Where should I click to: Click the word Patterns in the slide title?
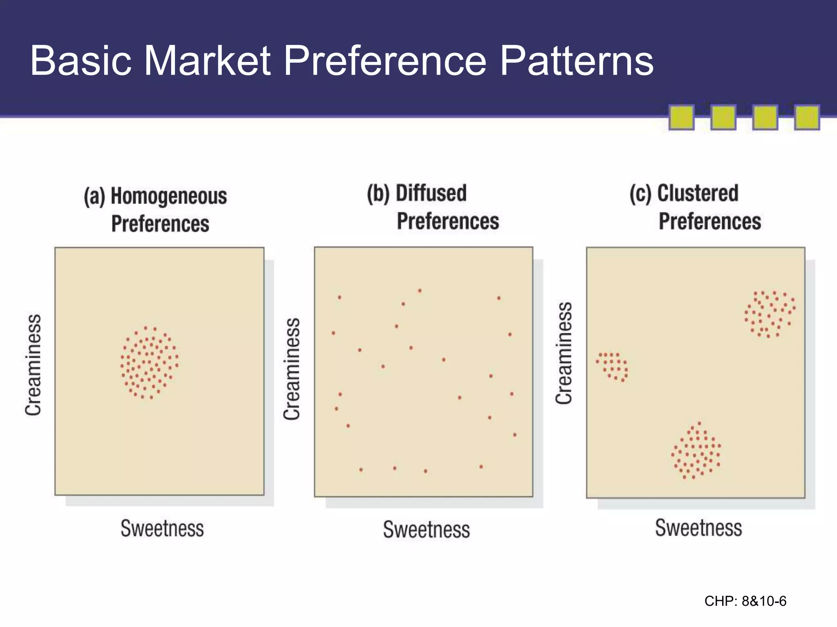tap(576, 61)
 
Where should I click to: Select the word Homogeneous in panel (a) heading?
tap(169, 196)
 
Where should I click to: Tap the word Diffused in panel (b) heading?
tap(431, 193)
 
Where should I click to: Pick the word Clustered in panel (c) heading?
tap(698, 193)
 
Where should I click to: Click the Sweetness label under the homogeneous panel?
tap(162, 528)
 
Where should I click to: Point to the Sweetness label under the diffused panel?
tap(426, 529)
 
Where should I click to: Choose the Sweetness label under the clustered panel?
tap(698, 528)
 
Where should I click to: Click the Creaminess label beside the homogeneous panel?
tap(33, 365)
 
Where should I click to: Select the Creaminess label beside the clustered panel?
tap(564, 353)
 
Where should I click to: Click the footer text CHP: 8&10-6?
tap(745, 601)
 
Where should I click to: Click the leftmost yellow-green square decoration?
tap(681, 118)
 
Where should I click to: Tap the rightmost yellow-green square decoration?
tap(806, 118)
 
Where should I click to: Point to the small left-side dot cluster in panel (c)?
tap(612, 367)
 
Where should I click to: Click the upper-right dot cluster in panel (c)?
tap(770, 313)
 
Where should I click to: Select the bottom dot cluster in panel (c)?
tap(696, 451)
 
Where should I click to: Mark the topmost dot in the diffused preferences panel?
tap(420, 291)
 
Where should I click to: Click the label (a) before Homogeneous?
tap(94, 197)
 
